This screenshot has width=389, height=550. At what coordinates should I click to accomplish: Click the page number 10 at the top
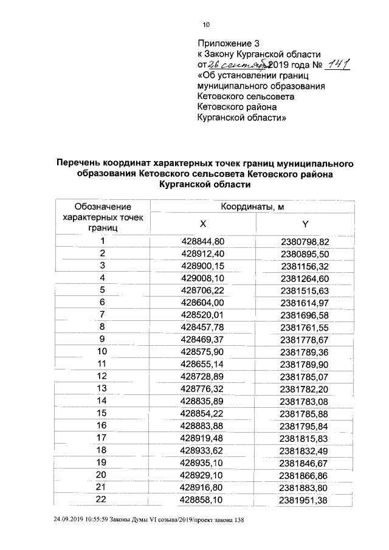(x=205, y=25)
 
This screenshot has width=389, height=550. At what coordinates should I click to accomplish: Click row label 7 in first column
(x=103, y=314)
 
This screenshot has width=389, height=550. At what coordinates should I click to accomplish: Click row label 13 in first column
(x=102, y=388)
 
